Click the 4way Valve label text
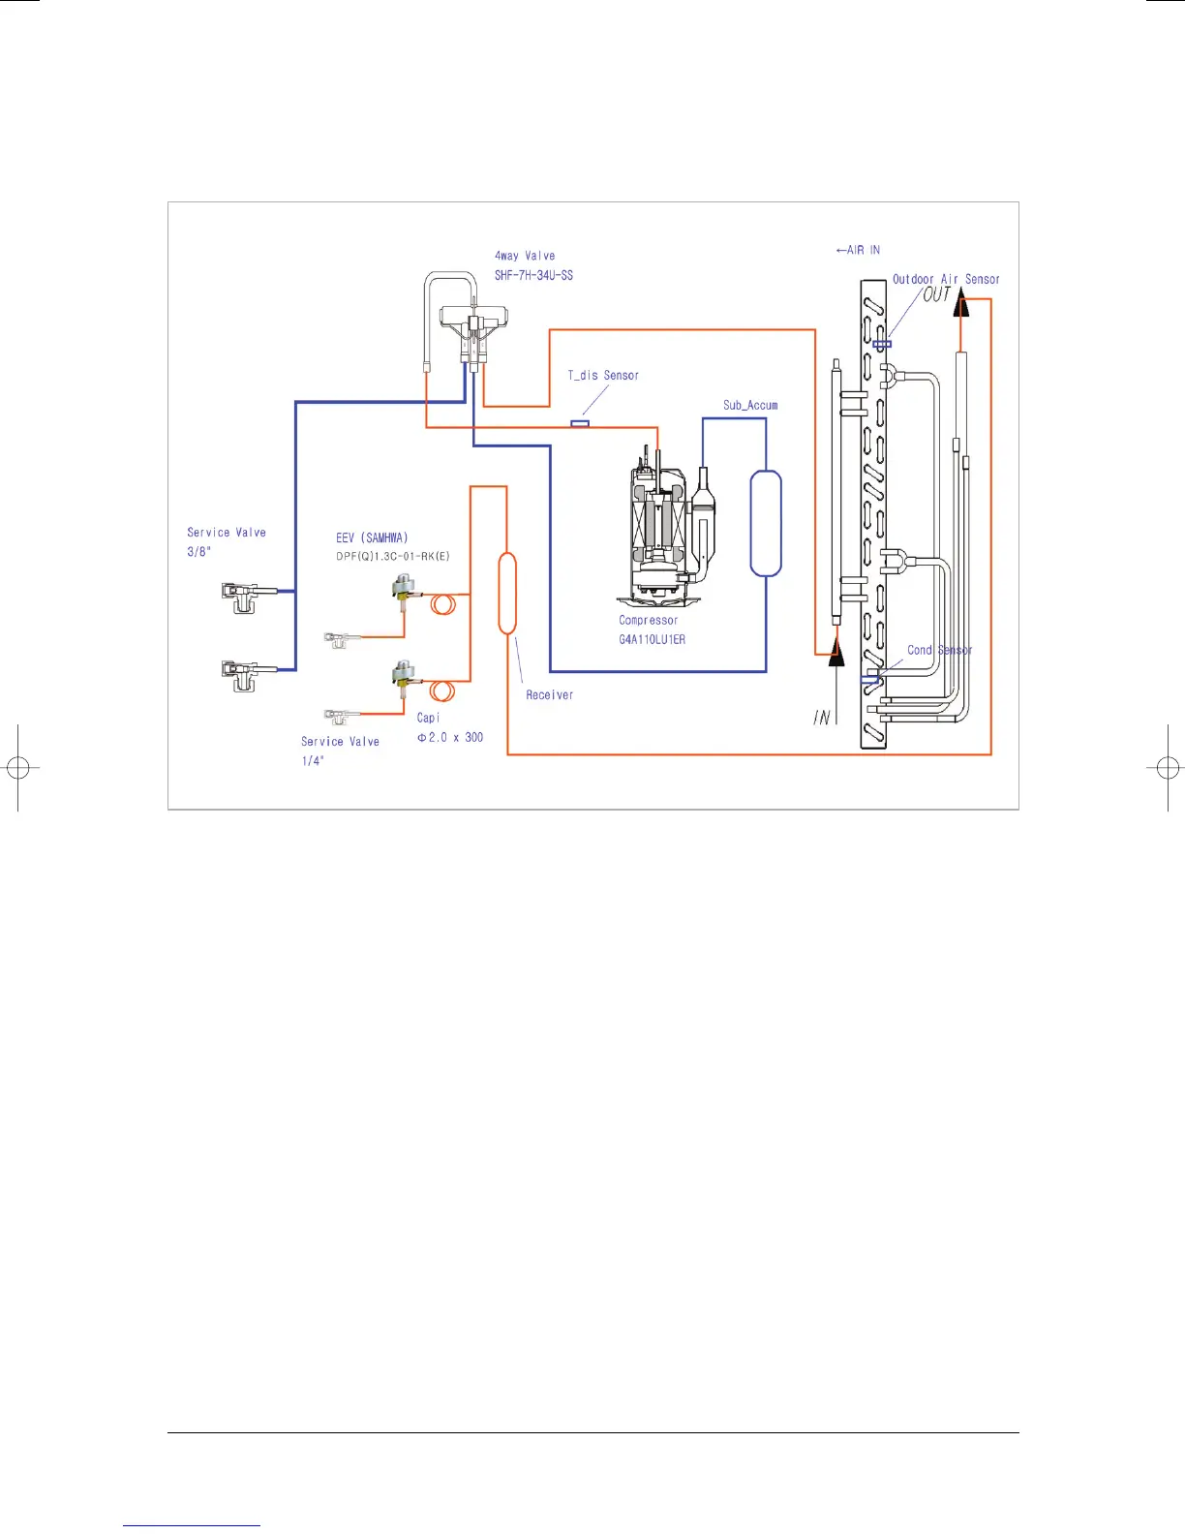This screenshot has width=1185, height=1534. tap(525, 256)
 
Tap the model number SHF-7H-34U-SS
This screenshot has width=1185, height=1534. tap(533, 275)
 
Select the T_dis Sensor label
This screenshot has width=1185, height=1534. tap(603, 375)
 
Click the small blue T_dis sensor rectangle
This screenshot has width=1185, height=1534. tap(580, 423)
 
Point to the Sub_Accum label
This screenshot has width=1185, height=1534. tap(750, 405)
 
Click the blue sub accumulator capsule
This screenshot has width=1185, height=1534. tap(766, 524)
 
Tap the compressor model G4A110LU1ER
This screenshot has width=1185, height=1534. tap(652, 639)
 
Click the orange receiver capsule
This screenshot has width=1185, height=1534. tap(507, 593)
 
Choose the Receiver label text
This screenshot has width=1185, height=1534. tap(549, 694)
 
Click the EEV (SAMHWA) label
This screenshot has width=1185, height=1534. tap(372, 537)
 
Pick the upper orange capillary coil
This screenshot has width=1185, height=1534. tap(443, 604)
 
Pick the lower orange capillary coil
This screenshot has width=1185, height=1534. tap(442, 690)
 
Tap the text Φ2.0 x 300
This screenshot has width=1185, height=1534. tap(450, 737)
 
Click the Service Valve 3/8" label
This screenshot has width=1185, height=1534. tap(226, 541)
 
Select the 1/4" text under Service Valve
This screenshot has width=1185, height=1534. tap(313, 761)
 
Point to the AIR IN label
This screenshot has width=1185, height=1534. tap(858, 250)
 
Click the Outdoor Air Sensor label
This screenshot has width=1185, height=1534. tap(946, 279)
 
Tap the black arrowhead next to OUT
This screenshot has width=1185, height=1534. tap(960, 305)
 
